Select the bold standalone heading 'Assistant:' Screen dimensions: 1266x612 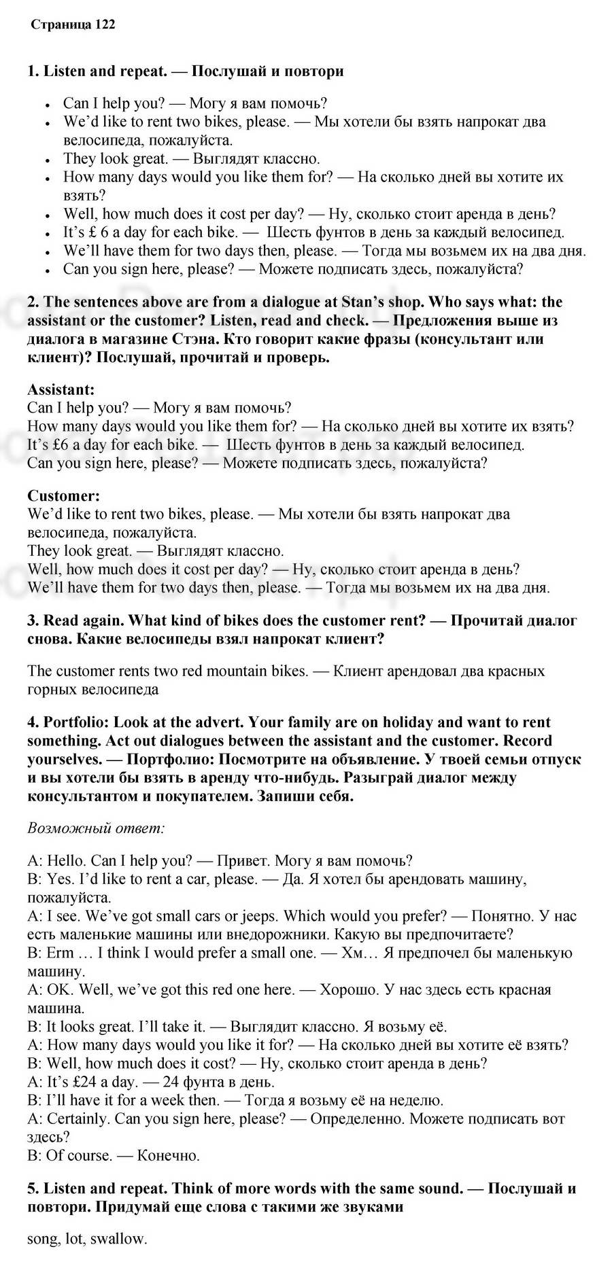pyautogui.click(x=61, y=390)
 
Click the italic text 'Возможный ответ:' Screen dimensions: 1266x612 pyautogui.click(x=97, y=828)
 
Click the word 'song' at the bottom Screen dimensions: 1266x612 pyautogui.click(x=43, y=1239)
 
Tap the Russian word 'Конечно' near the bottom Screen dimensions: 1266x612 pyautogui.click(x=168, y=1156)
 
